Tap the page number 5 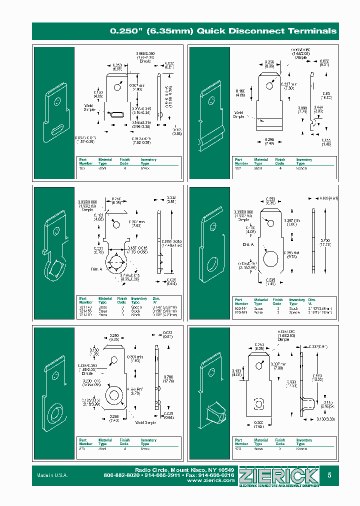click(329, 475)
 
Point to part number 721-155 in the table click(86, 310)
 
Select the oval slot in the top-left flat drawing click(115, 114)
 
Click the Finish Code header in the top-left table click(124, 161)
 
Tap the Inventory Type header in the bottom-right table click(303, 442)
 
